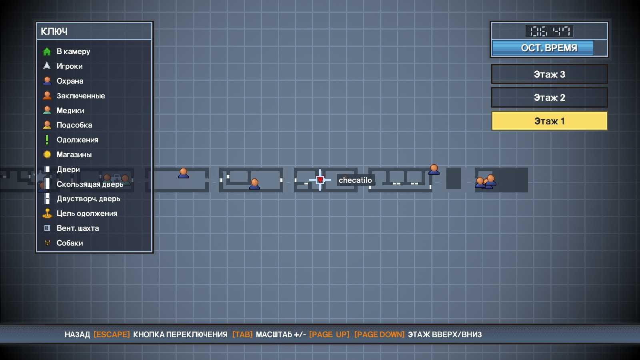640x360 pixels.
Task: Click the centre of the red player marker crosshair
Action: [x=320, y=180]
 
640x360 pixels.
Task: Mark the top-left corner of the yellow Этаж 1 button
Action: [x=492, y=112]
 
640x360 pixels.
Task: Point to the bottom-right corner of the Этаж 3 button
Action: [x=608, y=84]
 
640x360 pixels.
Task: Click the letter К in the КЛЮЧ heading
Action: [x=44, y=32]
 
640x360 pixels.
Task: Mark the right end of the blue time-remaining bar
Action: [x=592, y=48]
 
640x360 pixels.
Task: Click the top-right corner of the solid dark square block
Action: [x=460, y=168]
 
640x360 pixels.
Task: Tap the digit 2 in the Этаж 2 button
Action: [x=562, y=98]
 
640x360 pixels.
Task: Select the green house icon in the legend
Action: [x=47, y=52]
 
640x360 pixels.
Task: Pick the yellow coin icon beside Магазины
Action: [x=47, y=154]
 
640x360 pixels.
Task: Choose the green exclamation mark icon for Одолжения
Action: [x=47, y=140]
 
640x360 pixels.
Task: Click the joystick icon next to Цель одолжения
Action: [x=47, y=214]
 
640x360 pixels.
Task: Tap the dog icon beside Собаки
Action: [x=48, y=243]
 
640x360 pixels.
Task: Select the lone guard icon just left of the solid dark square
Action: [x=434, y=170]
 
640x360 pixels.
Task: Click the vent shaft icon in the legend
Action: [x=47, y=228]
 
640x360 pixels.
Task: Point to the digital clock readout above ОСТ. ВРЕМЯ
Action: [x=550, y=31]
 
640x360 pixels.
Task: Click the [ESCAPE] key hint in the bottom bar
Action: [x=112, y=334]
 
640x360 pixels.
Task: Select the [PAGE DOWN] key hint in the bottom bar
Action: [x=380, y=334]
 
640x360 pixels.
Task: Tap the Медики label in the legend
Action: [x=70, y=110]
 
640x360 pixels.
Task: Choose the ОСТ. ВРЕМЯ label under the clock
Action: [x=549, y=48]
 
